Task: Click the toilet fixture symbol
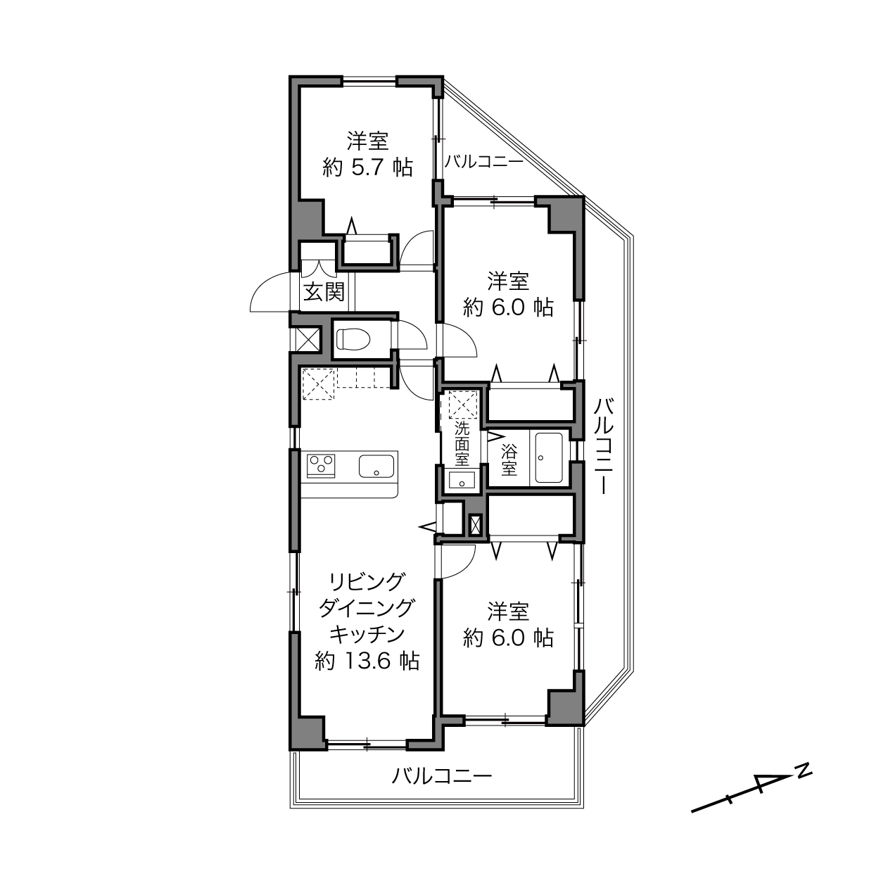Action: click(353, 338)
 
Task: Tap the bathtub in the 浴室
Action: click(549, 457)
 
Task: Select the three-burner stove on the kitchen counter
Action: click(321, 465)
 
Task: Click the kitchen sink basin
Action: click(376, 466)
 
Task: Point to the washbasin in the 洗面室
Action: click(462, 480)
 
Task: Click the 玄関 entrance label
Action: click(324, 292)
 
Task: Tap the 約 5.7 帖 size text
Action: click(367, 167)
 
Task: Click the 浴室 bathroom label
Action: click(509, 460)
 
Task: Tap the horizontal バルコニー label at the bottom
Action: click(442, 776)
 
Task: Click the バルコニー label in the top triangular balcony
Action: click(484, 162)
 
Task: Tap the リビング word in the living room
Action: click(367, 581)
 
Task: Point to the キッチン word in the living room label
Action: click(367, 635)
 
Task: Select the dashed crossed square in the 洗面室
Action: click(464, 404)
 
